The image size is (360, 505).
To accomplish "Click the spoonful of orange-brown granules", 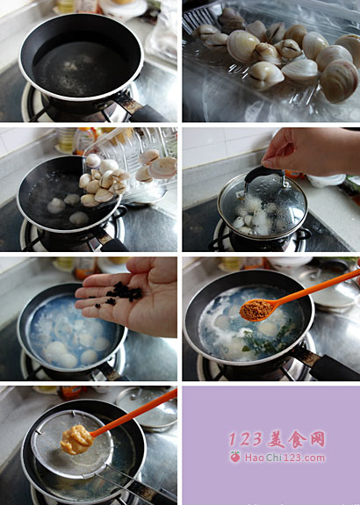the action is (256, 310).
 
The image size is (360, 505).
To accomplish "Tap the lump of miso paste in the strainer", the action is (76, 439).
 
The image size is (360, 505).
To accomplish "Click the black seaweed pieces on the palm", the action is (121, 293).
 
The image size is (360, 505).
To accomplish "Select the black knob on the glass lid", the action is (264, 174).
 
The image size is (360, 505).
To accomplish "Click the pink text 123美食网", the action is (277, 439).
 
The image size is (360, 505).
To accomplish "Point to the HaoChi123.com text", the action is (284, 458).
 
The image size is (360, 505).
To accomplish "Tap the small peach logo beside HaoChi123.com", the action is (235, 457).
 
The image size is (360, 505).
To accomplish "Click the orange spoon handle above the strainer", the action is (134, 413).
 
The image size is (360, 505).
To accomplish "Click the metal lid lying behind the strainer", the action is (147, 408).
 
